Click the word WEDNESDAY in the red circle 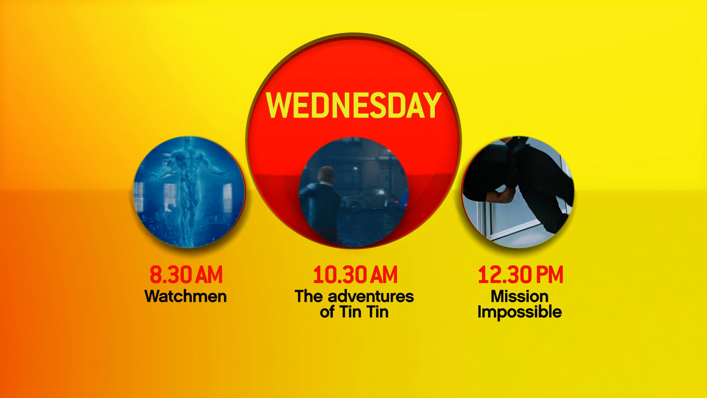[x=353, y=105]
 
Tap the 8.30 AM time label [x=186, y=275]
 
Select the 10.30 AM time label [x=355, y=275]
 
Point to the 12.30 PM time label [x=520, y=275]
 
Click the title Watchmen [x=186, y=296]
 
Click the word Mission [x=520, y=296]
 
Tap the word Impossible [x=520, y=313]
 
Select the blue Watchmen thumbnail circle [x=189, y=192]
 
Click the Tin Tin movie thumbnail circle [x=353, y=192]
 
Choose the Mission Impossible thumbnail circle [x=518, y=192]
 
